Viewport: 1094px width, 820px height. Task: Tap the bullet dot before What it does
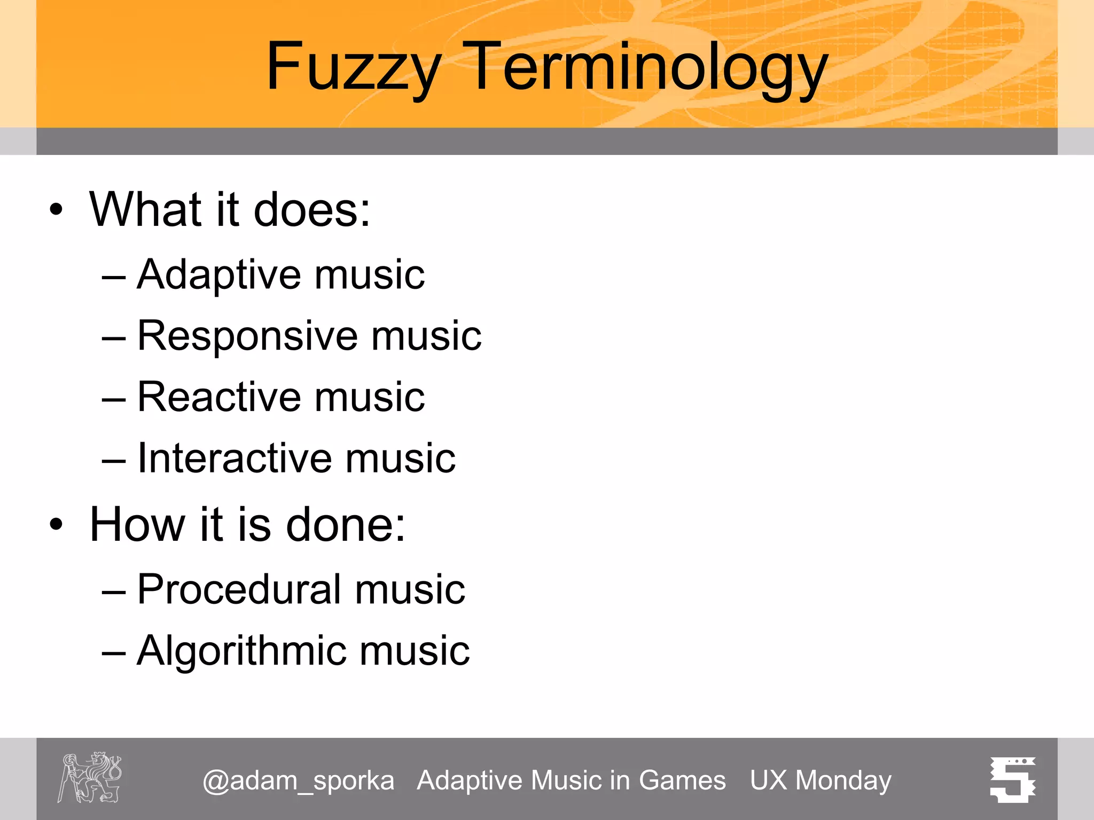pos(56,209)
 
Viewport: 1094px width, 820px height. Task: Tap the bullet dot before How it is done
pos(56,524)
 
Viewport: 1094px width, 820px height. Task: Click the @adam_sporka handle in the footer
pos(299,780)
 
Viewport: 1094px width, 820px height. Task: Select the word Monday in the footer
pos(843,780)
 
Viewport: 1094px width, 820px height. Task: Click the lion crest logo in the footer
pos(90,778)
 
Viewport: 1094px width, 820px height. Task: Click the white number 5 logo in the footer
pos(1013,779)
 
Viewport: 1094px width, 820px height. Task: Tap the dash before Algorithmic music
pos(113,652)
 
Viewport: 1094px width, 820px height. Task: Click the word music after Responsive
pos(426,336)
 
